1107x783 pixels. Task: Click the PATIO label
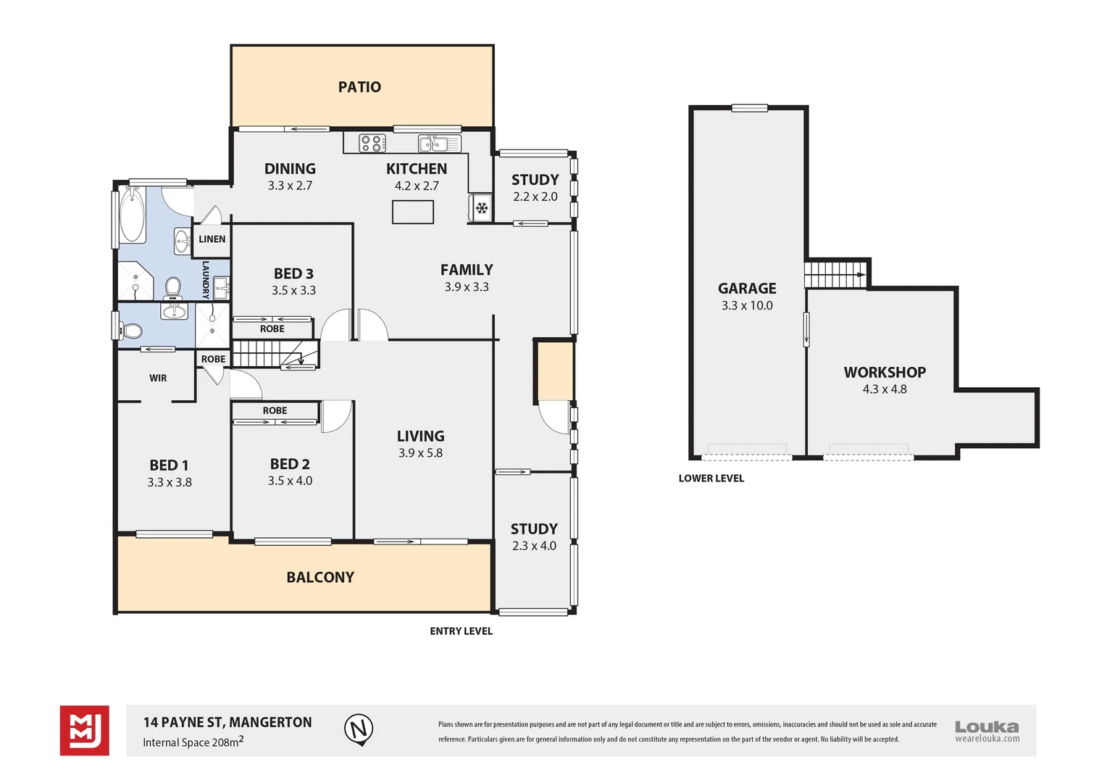pos(359,87)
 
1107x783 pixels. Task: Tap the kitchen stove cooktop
pos(373,144)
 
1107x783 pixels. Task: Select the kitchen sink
pos(439,144)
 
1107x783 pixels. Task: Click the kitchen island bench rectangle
pos(413,212)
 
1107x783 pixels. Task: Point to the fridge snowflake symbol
pos(482,209)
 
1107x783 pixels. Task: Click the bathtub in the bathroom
pos(133,215)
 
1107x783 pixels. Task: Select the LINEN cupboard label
pos(212,239)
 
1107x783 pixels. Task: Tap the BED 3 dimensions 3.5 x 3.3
pos(293,291)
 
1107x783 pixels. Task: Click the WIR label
pos(158,378)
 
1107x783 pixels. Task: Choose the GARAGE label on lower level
pos(747,289)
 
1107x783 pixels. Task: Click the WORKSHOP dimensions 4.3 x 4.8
pos(885,389)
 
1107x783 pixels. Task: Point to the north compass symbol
pos(359,729)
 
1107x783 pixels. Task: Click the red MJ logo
pos(85,730)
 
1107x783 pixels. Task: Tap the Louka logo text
pos(987,726)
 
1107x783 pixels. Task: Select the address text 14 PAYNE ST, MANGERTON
pos(227,722)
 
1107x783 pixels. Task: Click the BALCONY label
pos(320,578)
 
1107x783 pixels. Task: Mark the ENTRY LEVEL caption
pos(461,631)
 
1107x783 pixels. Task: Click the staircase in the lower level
pos(835,275)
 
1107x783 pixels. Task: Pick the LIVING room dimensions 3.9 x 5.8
pos(420,453)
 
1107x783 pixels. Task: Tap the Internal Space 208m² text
pos(193,742)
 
